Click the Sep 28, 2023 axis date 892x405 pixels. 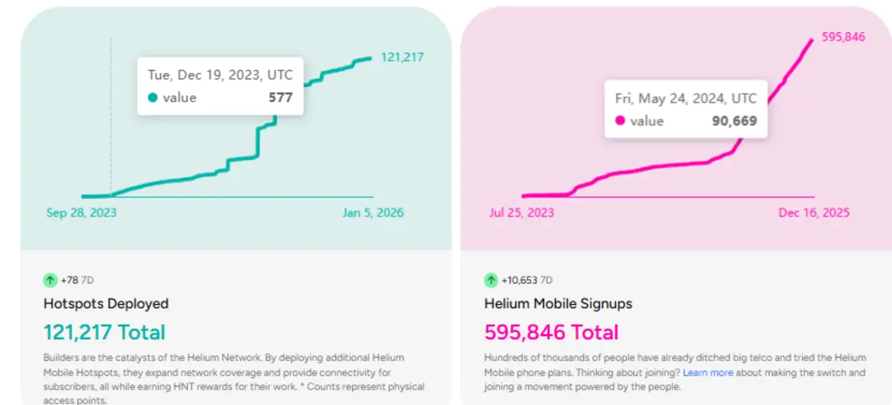(81, 213)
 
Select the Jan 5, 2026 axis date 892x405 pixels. (373, 213)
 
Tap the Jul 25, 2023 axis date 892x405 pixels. (522, 213)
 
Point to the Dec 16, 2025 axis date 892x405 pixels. (814, 213)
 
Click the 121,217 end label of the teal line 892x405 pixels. (402, 57)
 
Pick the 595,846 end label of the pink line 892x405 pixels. (844, 38)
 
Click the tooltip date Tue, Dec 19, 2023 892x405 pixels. (220, 75)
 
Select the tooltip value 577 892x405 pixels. (280, 98)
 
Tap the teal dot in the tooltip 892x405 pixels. (153, 98)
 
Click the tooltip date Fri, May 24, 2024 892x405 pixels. (686, 98)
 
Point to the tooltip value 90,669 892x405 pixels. (734, 121)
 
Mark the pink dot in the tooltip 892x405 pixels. (620, 121)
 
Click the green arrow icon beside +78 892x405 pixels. (50, 280)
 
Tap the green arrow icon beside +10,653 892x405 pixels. (491, 280)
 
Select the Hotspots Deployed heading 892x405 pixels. (106, 304)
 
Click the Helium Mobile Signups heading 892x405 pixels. (558, 304)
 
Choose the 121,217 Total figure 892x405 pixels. (104, 332)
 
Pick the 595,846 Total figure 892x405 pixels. (552, 332)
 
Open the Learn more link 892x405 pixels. (708, 373)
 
